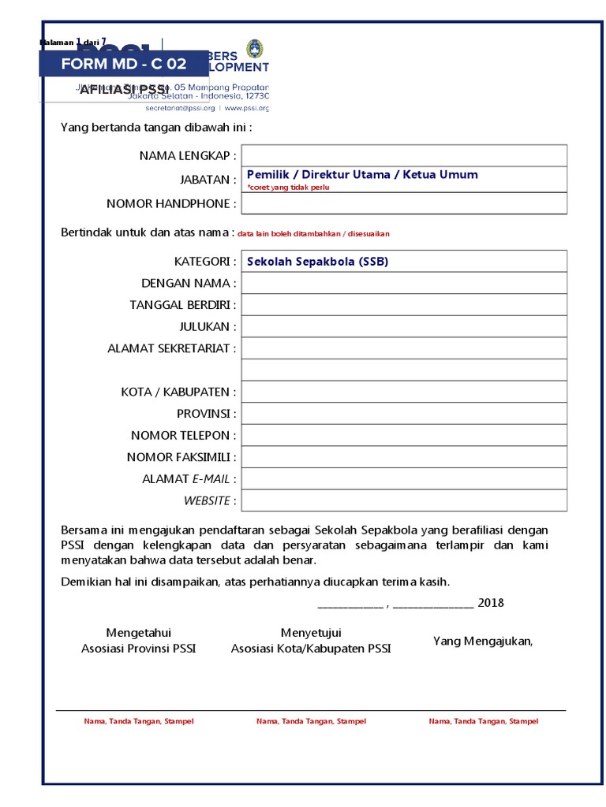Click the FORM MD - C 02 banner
tap(124, 64)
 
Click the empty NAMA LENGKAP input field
tap(404, 156)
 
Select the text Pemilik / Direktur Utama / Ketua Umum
tap(362, 175)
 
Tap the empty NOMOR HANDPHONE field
tap(404, 203)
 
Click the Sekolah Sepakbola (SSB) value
tap(317, 262)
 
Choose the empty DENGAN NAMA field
tap(404, 283)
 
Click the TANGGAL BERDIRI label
tap(182, 305)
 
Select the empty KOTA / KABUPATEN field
tap(404, 392)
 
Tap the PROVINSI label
tap(206, 414)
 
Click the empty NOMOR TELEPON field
tap(404, 435)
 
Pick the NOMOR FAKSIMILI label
tap(181, 457)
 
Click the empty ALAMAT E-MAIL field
tap(404, 478)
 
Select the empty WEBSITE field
tap(404, 500)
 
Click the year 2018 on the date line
tap(491, 603)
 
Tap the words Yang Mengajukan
tap(483, 641)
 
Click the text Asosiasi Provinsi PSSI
tap(139, 649)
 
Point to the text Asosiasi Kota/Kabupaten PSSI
tap(311, 649)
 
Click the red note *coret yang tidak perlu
tap(288, 188)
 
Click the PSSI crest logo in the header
tap(253, 49)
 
